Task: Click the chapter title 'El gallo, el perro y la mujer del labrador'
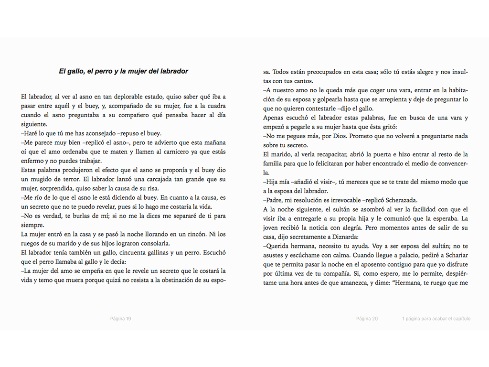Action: click(123, 72)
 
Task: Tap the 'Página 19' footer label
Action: click(120, 319)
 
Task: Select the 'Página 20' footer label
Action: click(367, 319)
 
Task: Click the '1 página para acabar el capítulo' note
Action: click(436, 319)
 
